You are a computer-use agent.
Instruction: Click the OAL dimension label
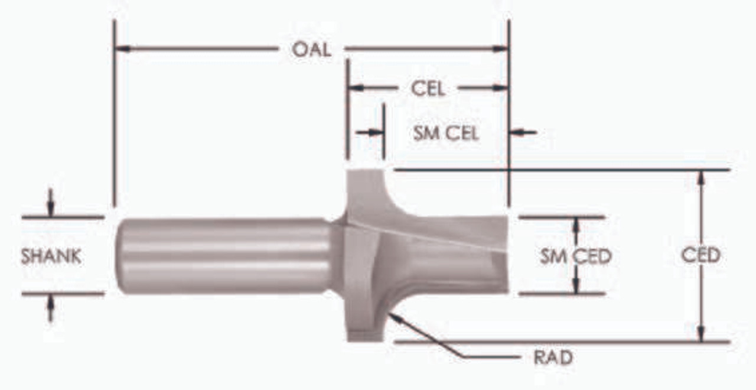pos(311,50)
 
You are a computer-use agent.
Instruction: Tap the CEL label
pos(428,89)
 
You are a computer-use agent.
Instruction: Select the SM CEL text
pos(445,134)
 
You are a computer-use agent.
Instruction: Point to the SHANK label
pos(51,256)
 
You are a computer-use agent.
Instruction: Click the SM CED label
pos(575,256)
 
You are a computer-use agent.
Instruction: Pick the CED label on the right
pos(700,255)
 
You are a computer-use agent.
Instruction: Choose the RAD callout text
pos(553,358)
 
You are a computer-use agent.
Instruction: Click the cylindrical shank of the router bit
pos(224,255)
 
